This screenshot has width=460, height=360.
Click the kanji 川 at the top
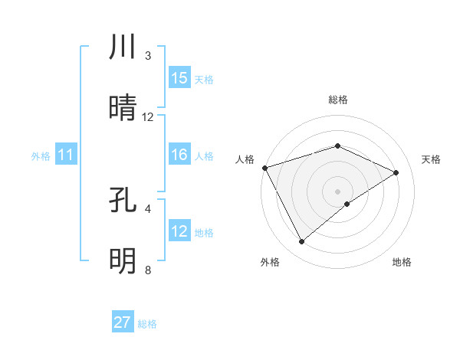point(123,47)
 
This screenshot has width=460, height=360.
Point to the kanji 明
point(123,261)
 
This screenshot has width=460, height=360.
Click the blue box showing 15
point(179,78)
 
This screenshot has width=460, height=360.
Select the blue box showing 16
point(179,155)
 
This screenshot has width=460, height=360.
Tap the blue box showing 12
point(179,231)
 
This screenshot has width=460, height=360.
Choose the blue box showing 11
point(66,155)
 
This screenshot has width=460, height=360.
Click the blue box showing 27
point(123,322)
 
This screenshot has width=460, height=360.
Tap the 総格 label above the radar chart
point(338,100)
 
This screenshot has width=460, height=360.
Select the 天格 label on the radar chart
point(432,159)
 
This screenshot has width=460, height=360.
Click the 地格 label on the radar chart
point(402,262)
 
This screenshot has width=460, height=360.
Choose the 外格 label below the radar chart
point(270,262)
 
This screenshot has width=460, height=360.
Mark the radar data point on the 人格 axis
point(264,168)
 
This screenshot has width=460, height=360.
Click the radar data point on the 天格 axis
point(396,172)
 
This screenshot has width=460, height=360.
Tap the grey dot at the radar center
point(337,191)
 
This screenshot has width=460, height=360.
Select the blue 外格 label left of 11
point(41,156)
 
